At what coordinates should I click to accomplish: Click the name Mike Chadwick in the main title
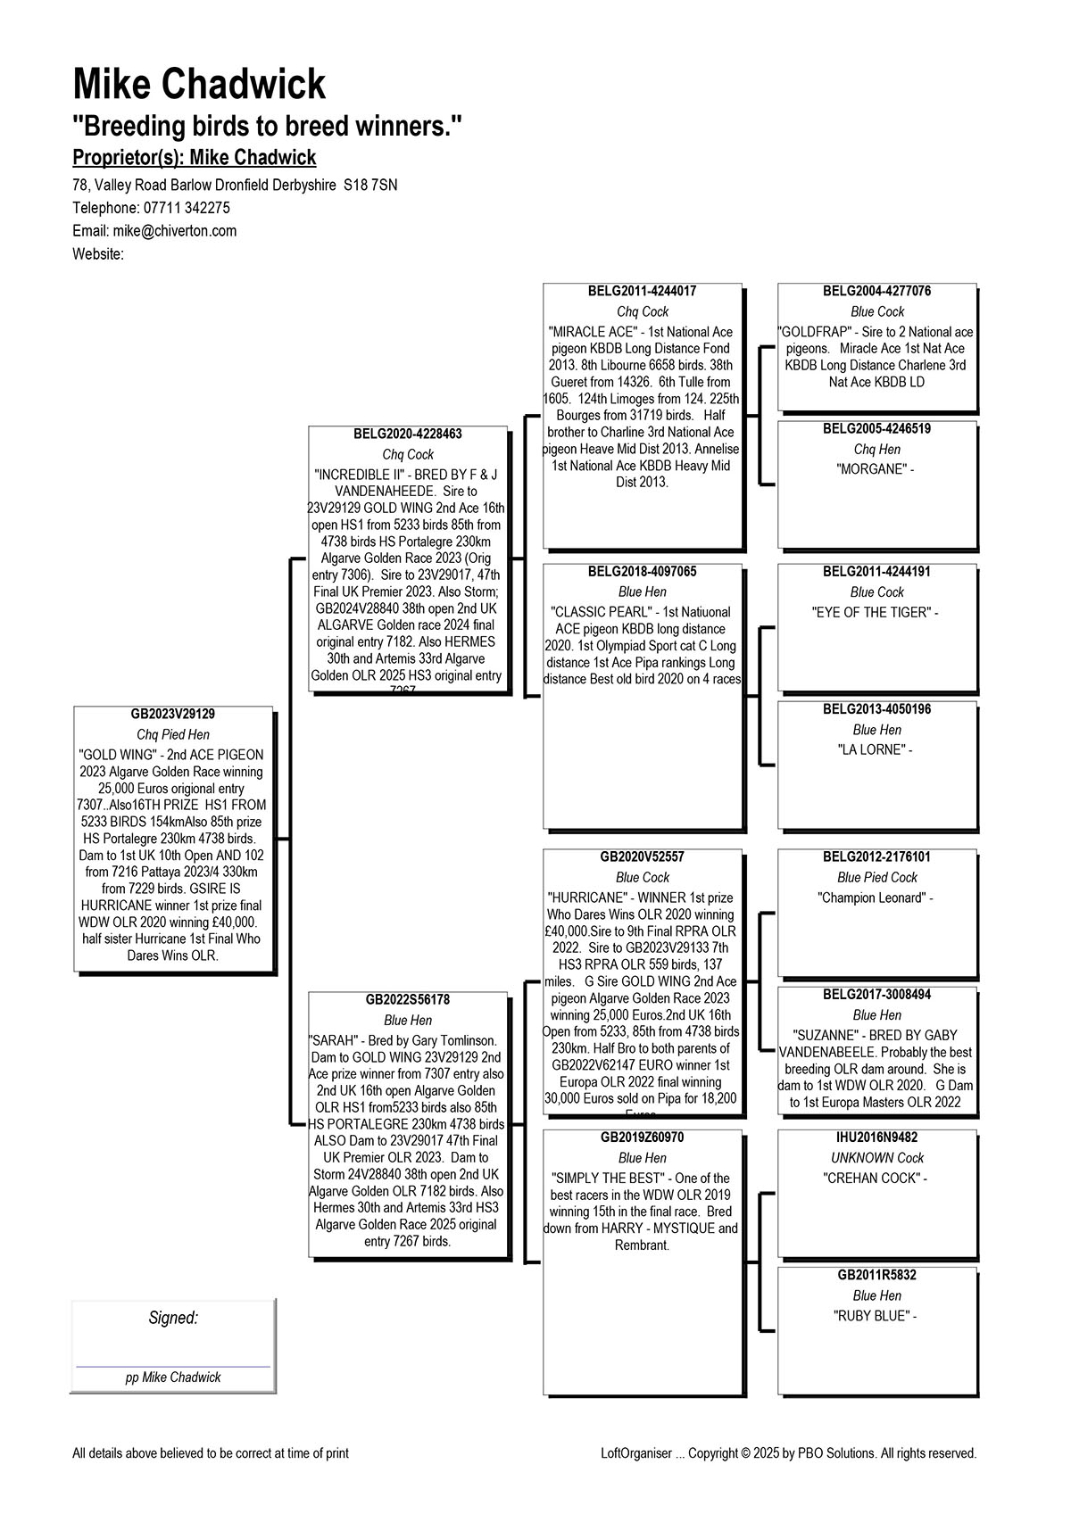[199, 85]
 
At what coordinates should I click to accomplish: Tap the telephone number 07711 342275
[185, 208]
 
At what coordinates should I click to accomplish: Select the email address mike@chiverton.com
[175, 231]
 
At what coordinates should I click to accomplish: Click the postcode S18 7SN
[370, 186]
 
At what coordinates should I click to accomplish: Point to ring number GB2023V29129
[173, 715]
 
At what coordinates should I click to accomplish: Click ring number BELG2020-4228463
[408, 434]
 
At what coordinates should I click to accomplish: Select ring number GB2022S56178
[408, 1000]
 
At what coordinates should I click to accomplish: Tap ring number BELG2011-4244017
[642, 292]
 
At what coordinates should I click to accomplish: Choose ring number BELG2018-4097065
[642, 572]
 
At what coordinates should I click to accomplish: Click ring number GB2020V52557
[642, 857]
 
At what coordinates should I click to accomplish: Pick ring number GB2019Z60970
[642, 1138]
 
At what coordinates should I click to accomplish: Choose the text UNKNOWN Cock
[877, 1158]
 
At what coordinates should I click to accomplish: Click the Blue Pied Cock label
[877, 878]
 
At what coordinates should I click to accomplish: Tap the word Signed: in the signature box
[173, 1319]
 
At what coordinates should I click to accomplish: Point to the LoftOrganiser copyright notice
[789, 1453]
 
